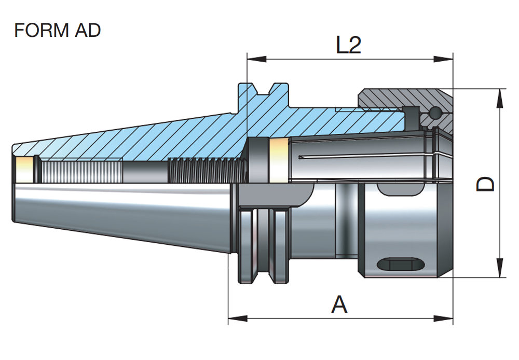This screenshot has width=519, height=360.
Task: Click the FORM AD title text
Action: coord(57,31)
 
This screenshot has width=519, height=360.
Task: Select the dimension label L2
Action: coord(348,46)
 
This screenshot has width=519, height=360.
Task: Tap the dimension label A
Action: coord(339,304)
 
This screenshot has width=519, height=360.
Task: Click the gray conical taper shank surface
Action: coord(119,213)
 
